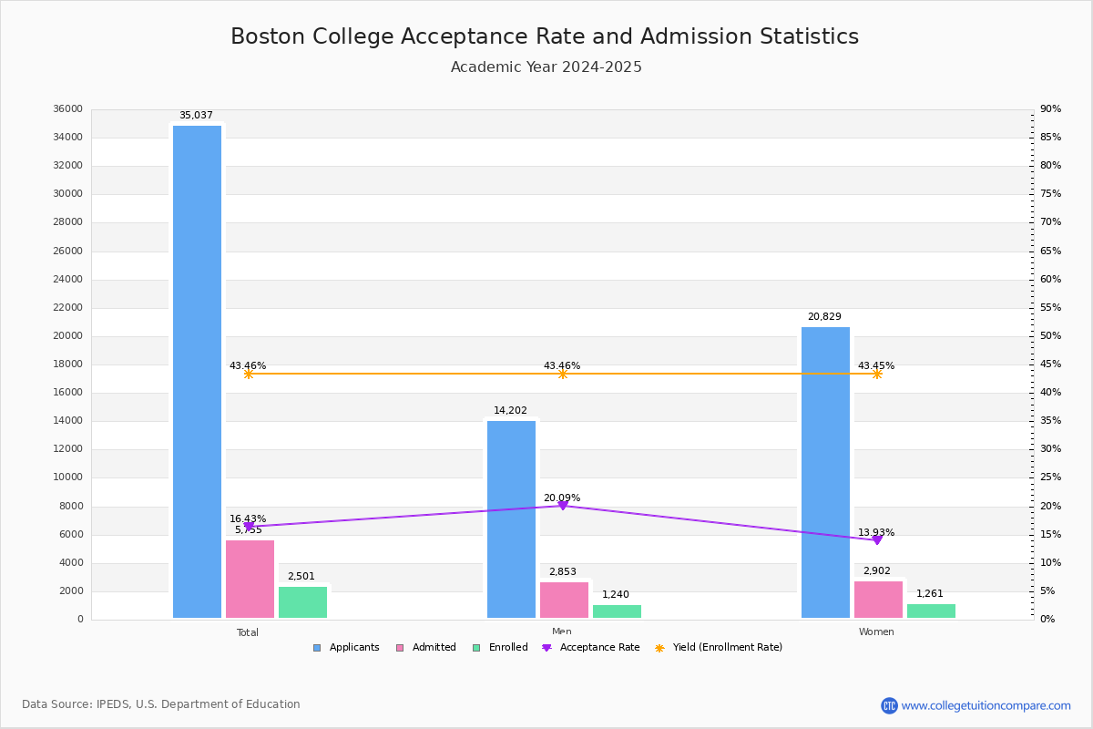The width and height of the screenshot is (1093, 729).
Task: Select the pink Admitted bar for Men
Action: click(x=564, y=601)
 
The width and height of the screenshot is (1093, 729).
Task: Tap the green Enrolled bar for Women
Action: click(x=931, y=611)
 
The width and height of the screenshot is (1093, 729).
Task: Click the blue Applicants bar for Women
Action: click(x=825, y=473)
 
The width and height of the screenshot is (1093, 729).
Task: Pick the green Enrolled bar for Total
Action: click(x=302, y=602)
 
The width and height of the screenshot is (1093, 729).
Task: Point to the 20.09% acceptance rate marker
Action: click(x=563, y=505)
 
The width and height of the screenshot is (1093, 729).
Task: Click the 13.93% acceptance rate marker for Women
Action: click(x=877, y=539)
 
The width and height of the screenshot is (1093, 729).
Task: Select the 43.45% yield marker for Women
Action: click(x=877, y=374)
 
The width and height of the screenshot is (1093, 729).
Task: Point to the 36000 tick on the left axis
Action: click(x=68, y=109)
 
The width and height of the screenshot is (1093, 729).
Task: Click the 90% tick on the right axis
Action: click(x=1050, y=109)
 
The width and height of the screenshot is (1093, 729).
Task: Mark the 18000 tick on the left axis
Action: click(x=68, y=364)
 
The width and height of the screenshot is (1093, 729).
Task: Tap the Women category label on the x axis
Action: click(x=876, y=632)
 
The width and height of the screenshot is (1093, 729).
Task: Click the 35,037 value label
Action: click(x=196, y=116)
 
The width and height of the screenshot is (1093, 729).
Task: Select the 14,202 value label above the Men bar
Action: click(x=510, y=411)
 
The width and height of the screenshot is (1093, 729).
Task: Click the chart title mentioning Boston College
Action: click(x=545, y=36)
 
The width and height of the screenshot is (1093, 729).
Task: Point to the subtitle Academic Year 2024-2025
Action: click(x=546, y=67)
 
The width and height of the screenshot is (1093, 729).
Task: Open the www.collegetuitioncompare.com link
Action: click(x=986, y=705)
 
